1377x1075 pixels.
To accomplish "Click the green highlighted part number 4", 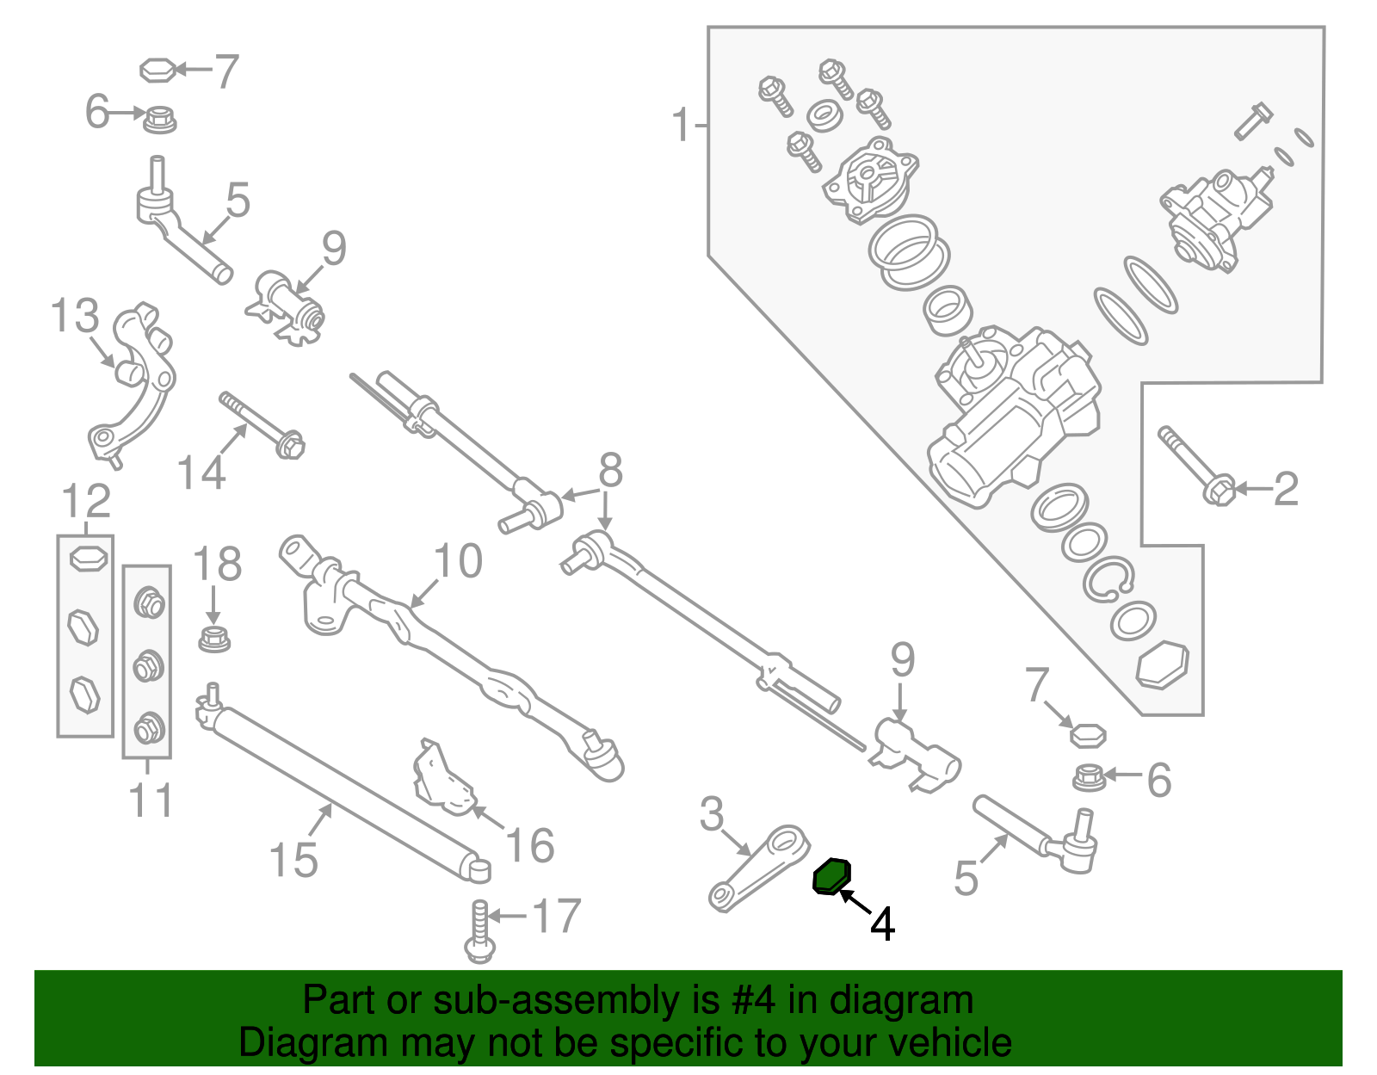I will coord(832,876).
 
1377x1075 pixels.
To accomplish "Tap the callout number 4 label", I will coord(882,924).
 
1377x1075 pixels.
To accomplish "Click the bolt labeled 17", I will coord(480,933).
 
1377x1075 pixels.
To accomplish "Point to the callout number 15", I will coord(293,860).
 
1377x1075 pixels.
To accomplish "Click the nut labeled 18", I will coord(213,639).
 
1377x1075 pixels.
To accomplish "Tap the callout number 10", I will coord(458,561).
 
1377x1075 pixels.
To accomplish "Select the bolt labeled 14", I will coord(262,425).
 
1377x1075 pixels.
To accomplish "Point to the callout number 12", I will coord(86,501).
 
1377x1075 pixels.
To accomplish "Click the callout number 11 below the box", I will coord(151,800).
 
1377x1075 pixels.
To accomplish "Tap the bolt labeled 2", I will coord(1196,466).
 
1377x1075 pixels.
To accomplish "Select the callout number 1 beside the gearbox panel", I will coord(682,126).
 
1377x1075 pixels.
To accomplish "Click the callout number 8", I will coord(610,471).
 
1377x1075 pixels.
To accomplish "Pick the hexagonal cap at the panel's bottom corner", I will coord(1163,664).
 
